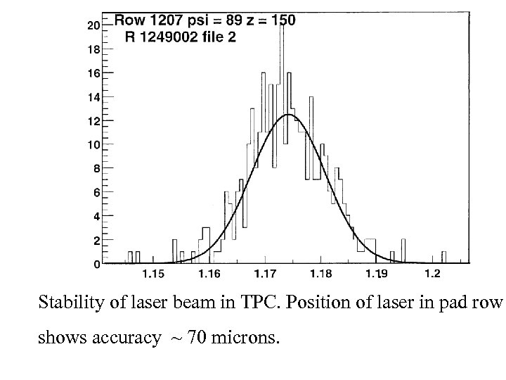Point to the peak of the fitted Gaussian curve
pos(288,114)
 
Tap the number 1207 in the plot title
pos(163,20)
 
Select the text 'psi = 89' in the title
pos(209,20)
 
